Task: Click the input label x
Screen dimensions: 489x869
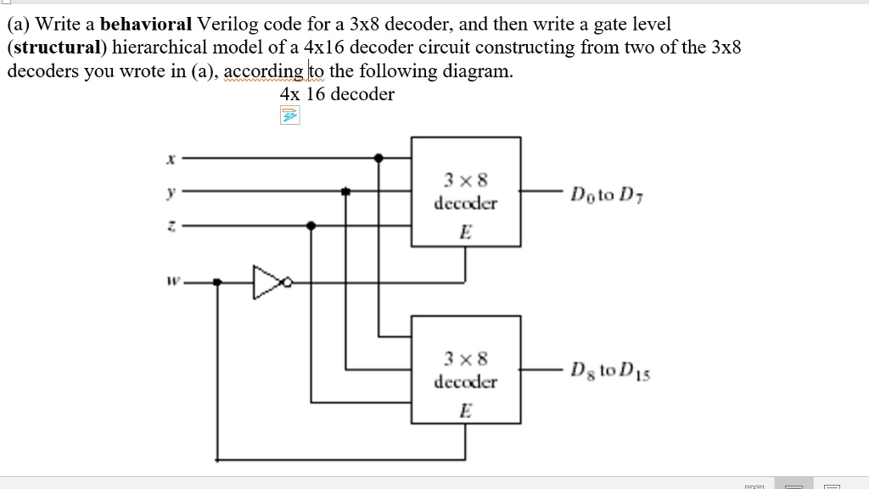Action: coord(171,158)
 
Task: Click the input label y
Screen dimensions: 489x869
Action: coord(171,193)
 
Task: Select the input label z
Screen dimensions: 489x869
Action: coord(171,226)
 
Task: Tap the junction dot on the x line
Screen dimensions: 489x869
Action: coord(378,158)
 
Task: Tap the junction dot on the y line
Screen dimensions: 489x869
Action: coord(345,192)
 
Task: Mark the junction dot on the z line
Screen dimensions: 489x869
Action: coord(311,226)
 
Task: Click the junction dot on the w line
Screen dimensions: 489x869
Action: coord(217,281)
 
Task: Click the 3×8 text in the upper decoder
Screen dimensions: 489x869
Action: coord(465,180)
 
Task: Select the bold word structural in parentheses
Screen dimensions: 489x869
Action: coord(53,48)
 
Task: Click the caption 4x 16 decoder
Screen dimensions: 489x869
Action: coord(337,94)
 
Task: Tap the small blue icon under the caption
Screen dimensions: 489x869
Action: coord(290,116)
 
